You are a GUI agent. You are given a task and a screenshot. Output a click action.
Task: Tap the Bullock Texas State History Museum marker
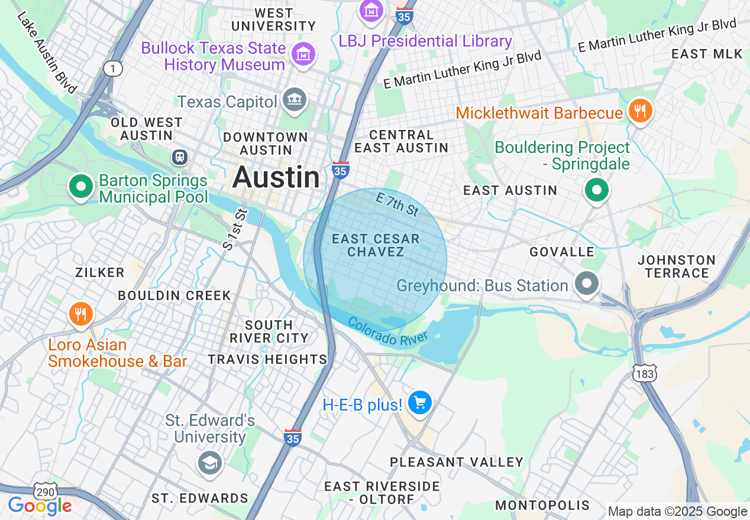[303, 54]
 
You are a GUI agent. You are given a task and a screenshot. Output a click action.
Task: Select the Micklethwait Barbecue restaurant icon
[639, 111]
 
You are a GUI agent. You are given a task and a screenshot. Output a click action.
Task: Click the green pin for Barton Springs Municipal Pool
[81, 186]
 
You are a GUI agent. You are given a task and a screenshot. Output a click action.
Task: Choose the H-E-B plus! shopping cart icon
[420, 403]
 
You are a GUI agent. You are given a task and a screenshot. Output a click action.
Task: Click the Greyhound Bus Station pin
[587, 284]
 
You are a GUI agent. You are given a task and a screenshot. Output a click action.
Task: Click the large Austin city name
[276, 177]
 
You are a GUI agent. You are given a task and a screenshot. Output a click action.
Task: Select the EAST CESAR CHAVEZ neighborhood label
[376, 245]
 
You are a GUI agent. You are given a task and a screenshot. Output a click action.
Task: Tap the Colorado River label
[387, 333]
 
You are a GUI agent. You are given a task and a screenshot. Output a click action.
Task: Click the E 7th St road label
[397, 205]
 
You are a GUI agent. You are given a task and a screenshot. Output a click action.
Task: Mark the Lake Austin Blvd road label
[47, 52]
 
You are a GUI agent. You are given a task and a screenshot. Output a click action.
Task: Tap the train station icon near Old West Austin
[180, 157]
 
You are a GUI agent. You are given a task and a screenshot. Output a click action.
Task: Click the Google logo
[40, 506]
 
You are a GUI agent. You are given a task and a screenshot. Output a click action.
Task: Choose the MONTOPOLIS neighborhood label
[542, 505]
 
